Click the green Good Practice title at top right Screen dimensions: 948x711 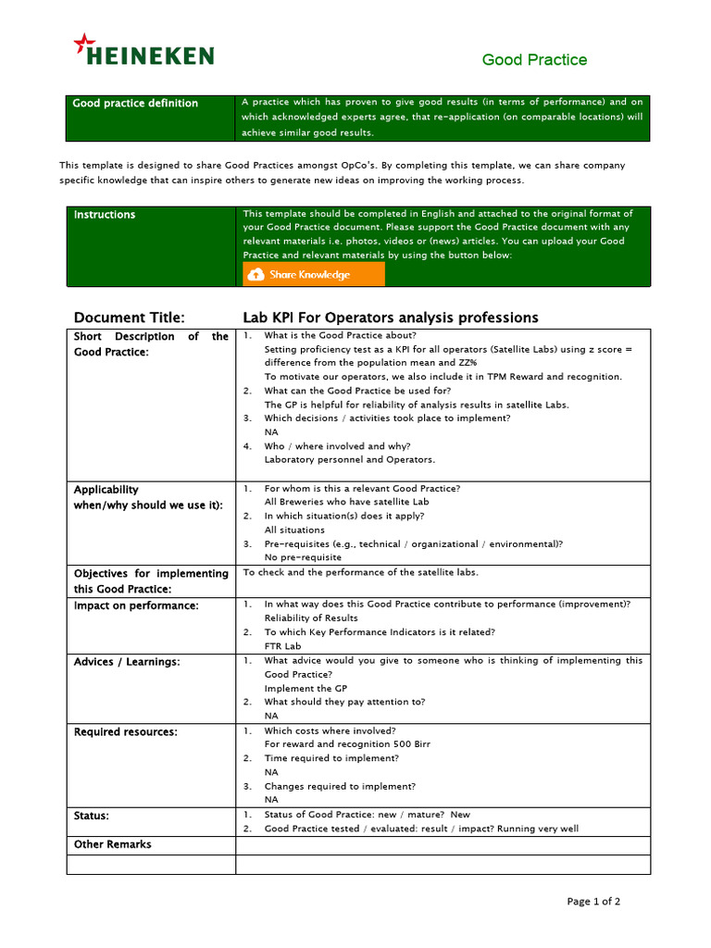click(534, 60)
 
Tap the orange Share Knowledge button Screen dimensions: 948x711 click(313, 275)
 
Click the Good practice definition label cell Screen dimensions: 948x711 click(135, 104)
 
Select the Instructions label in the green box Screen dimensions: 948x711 click(105, 215)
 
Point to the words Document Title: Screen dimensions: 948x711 click(130, 318)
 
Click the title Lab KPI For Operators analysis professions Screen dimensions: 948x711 click(390, 318)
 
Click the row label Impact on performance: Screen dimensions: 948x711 click(136, 605)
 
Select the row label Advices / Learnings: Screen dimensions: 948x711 click(127, 662)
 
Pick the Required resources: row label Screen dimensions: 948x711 click(126, 732)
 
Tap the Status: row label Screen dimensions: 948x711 click(92, 816)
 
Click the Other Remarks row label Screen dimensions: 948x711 click(112, 844)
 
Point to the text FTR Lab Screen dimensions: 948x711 click(282, 646)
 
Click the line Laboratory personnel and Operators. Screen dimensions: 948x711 click(349, 459)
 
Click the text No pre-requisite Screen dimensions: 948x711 click(303, 557)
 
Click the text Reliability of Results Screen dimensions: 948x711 click(311, 618)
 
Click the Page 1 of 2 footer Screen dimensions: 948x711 click(593, 902)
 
